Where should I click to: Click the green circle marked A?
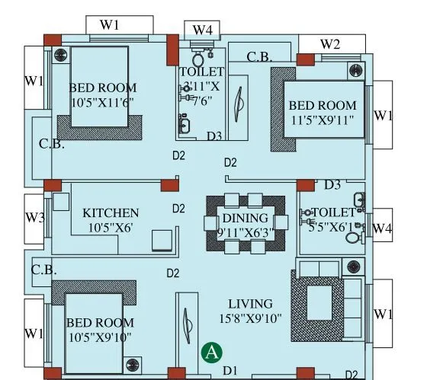[211, 353]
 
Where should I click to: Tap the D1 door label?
[230, 371]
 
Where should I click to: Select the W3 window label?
[34, 217]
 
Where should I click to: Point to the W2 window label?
[329, 43]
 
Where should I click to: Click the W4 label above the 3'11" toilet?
[202, 30]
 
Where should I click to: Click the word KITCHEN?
[111, 212]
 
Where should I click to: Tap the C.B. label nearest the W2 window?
[260, 56]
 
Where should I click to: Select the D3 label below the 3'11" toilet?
[214, 136]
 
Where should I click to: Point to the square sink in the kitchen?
[162, 241]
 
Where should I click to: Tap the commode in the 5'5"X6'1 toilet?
[353, 237]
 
